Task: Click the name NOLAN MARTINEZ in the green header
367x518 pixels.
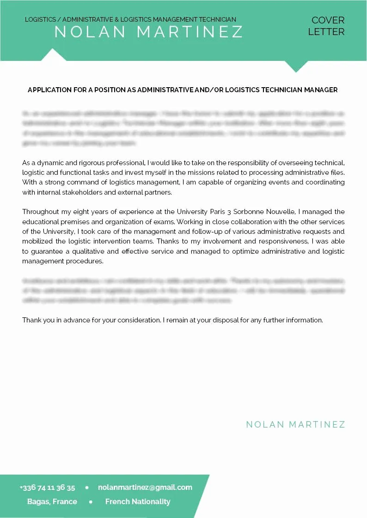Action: click(x=148, y=32)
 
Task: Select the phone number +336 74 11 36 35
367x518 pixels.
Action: click(x=47, y=488)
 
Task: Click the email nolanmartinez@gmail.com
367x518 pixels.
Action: click(x=145, y=488)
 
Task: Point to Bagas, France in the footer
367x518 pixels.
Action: click(x=52, y=502)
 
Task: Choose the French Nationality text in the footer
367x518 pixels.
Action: click(x=138, y=502)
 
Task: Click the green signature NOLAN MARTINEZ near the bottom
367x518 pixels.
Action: click(x=295, y=424)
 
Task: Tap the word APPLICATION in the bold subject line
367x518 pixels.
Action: click(x=49, y=90)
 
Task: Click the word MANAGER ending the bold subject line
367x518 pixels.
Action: click(x=321, y=90)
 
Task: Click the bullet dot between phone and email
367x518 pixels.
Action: click(x=87, y=488)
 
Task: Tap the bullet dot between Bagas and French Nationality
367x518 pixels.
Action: click(x=91, y=502)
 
